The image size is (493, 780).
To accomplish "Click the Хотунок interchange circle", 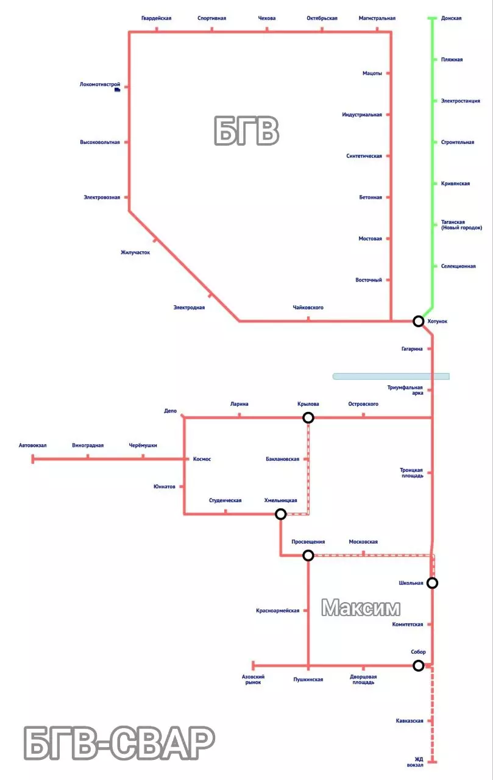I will click(418, 321).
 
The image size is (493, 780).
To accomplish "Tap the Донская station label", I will click(451, 18).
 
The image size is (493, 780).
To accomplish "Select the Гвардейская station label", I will click(156, 18).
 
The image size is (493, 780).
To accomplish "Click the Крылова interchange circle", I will click(308, 417).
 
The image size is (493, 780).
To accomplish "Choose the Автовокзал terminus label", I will click(33, 445).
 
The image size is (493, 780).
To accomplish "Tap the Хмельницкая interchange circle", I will click(281, 514).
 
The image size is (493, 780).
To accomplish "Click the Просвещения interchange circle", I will click(308, 555).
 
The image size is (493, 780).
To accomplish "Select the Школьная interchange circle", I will click(432, 583).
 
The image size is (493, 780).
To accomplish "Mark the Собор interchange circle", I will click(419, 665).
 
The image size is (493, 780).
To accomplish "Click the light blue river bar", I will click(391, 376).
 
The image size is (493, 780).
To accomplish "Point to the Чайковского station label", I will click(308, 308).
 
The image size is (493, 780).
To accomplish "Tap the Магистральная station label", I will click(377, 18).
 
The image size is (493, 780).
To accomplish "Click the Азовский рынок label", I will click(253, 679).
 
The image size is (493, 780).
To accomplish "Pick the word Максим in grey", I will click(361, 608).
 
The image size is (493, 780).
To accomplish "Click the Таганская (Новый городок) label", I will click(461, 225).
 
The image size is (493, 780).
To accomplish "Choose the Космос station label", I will click(202, 459).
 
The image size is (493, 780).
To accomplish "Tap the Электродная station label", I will click(189, 308).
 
